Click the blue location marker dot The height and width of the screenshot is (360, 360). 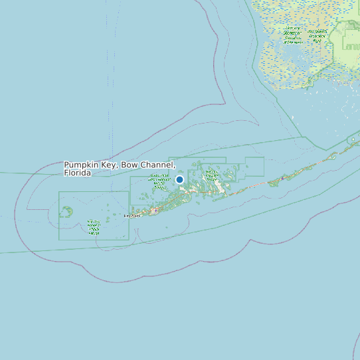point(179,179)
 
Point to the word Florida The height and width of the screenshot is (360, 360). point(77,173)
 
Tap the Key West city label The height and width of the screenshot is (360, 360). point(132,216)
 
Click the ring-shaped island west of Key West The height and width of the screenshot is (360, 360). point(66,211)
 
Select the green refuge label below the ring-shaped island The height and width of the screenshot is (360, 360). point(93,228)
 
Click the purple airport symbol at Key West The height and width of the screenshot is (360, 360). point(155,211)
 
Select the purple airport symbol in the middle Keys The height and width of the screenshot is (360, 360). point(282,178)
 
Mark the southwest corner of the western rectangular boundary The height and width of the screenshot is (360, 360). point(59,240)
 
